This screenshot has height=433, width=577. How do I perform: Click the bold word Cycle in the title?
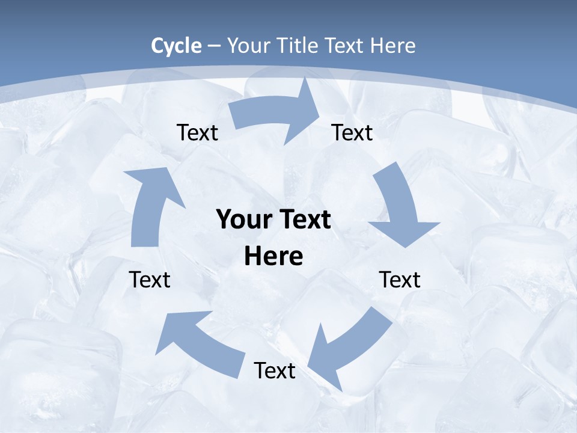click(x=176, y=46)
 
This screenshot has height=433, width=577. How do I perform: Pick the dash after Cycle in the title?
click(x=215, y=46)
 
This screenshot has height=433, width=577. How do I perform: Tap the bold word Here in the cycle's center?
click(x=273, y=257)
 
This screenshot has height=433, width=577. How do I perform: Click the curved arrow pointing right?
click(x=276, y=114)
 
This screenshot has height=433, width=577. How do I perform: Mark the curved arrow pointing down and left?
click(x=349, y=349)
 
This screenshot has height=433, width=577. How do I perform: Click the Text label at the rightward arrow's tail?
click(x=197, y=132)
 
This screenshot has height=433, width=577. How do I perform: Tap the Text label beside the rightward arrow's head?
click(x=352, y=132)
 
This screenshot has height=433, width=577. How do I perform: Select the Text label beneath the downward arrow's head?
click(x=400, y=280)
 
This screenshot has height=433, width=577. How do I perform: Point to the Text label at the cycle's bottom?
click(x=275, y=370)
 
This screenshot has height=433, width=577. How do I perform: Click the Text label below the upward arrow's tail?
click(x=150, y=280)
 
